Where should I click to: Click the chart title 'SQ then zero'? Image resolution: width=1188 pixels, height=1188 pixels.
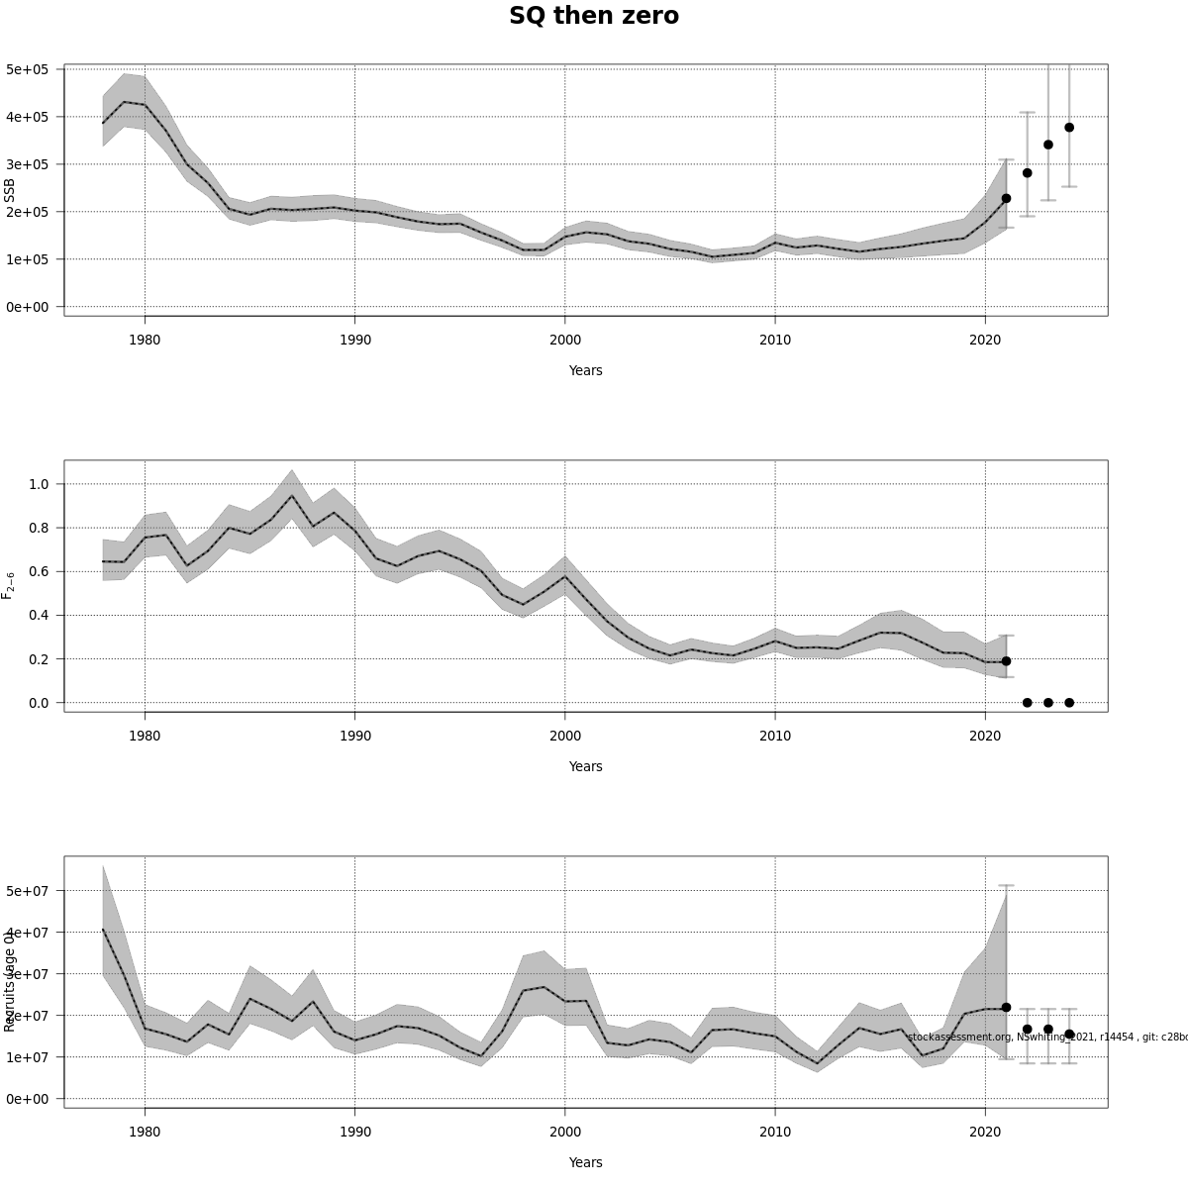coord(594,16)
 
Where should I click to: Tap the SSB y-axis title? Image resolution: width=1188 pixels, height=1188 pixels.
coord(10,190)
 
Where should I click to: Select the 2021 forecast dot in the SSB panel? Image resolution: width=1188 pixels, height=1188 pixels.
coord(1006,198)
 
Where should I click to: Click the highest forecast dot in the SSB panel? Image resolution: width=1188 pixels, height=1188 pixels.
coord(1069,127)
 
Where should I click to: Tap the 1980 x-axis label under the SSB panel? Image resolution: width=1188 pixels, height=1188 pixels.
coord(145,340)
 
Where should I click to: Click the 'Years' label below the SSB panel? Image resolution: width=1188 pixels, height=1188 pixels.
coord(585,370)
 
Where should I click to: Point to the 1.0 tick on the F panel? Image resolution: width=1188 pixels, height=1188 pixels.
coord(40,484)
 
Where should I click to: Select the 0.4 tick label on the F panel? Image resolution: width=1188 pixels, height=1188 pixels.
coord(40,615)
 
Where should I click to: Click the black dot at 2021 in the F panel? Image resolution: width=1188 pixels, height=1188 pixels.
coord(1006,660)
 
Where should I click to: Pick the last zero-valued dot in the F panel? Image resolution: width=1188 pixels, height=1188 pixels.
coord(1069,703)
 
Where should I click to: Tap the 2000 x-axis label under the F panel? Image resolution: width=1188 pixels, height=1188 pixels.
coord(565,736)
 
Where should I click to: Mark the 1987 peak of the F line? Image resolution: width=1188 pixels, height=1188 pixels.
coord(291,496)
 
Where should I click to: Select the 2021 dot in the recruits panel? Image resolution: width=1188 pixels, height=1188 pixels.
coord(1006,1007)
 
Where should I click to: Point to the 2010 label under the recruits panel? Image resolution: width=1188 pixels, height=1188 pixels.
coord(775,1132)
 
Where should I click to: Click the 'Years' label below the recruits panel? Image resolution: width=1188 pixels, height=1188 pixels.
coord(585,1162)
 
